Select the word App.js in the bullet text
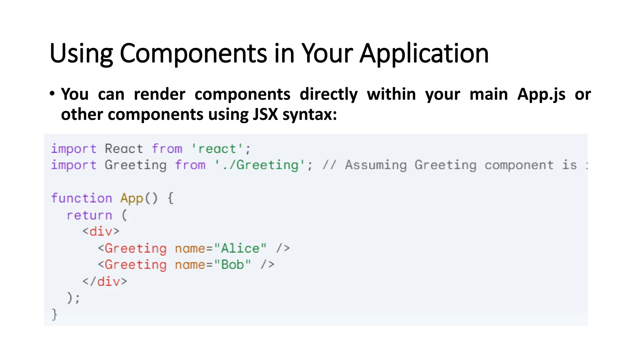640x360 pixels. point(541,94)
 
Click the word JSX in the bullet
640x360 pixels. point(265,114)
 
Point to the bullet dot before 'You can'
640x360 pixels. point(52,93)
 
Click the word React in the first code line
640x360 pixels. point(124,149)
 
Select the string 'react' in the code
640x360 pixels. point(217,149)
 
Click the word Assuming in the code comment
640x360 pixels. point(376,165)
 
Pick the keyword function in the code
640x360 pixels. point(82,198)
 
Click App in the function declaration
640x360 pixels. point(132,198)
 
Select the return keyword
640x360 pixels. point(89,215)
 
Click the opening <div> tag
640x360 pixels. point(101,232)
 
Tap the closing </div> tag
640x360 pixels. point(105,282)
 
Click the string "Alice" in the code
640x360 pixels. point(240,248)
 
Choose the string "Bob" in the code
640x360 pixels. point(233,265)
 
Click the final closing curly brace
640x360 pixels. point(54,314)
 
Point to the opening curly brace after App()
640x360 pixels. point(171,198)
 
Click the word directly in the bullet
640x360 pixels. point(328,94)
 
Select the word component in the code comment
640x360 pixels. point(519,165)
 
